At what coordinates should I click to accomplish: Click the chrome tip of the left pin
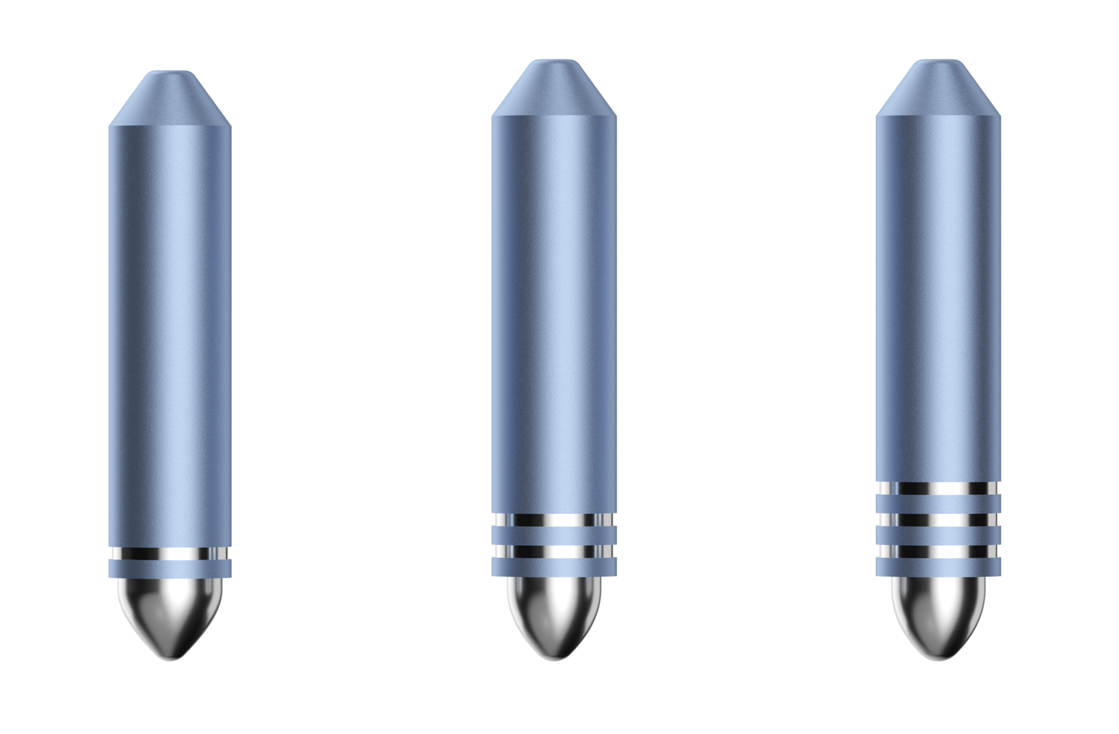[x=170, y=616]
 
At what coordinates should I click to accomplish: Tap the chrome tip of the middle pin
[x=554, y=616]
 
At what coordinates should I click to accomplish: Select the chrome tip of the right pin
[x=938, y=616]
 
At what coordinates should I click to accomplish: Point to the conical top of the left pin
[x=170, y=98]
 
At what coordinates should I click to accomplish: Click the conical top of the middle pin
[x=554, y=87]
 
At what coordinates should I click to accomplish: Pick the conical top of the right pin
[x=938, y=87]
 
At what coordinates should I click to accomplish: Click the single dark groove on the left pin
[x=170, y=554]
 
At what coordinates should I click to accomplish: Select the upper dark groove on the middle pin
[x=554, y=520]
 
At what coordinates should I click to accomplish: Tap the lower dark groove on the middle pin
[x=554, y=552]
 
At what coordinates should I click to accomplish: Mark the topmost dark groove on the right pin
[x=938, y=488]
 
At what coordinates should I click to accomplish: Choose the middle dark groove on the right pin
[x=938, y=520]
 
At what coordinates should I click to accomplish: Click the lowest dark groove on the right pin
[x=938, y=552]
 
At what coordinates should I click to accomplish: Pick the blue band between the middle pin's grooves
[x=554, y=536]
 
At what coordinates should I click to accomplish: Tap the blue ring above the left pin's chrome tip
[x=170, y=570]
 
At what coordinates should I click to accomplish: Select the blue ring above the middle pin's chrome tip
[x=554, y=568]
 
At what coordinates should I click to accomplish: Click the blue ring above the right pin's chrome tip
[x=938, y=568]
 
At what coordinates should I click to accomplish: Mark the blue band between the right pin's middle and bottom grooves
[x=938, y=536]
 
